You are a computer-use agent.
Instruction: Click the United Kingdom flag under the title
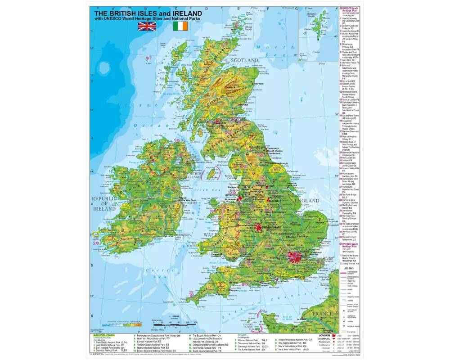[147, 27]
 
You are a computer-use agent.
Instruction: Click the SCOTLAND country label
[244, 60]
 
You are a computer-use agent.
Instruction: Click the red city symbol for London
[296, 257]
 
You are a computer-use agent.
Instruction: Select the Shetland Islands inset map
[318, 34]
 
